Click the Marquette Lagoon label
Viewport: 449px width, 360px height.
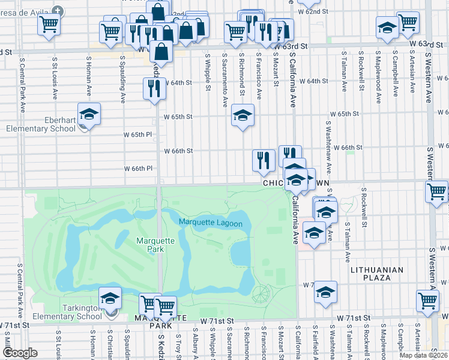click(x=210, y=224)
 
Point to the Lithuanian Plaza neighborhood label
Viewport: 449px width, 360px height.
click(x=381, y=274)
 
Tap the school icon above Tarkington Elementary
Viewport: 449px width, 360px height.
click(x=110, y=298)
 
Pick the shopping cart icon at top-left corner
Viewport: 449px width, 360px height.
click(x=49, y=25)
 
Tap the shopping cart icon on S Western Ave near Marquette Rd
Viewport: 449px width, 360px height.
click(x=436, y=192)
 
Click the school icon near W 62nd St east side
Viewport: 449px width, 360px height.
click(x=387, y=28)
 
